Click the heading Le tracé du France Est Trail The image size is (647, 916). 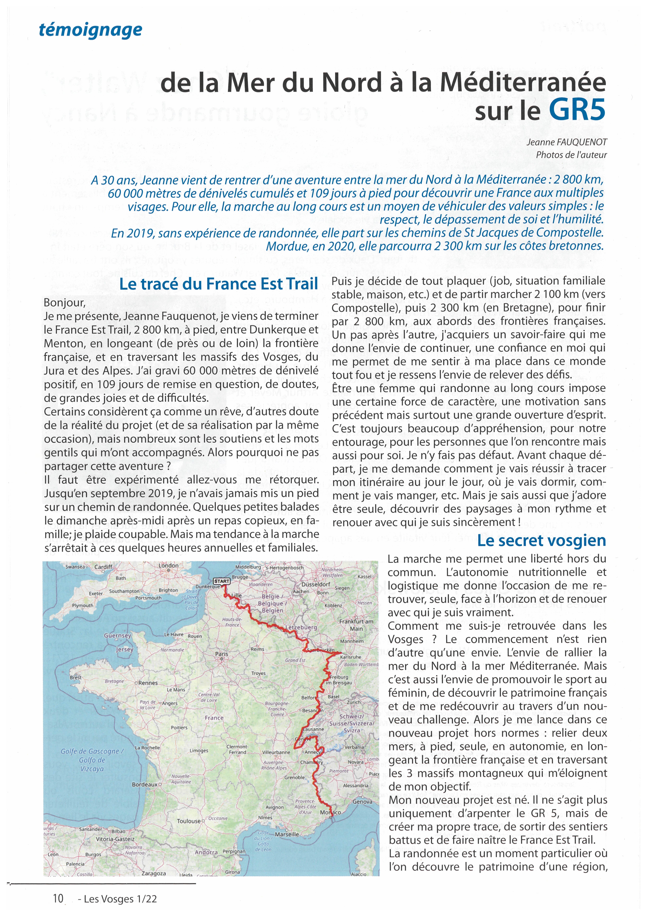tap(218, 284)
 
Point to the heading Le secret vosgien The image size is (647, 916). tap(541, 541)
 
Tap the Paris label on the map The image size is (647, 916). tap(222, 654)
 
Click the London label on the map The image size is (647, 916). tap(169, 566)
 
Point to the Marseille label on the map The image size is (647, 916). tap(287, 834)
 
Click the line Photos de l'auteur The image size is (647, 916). tap(571, 155)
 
